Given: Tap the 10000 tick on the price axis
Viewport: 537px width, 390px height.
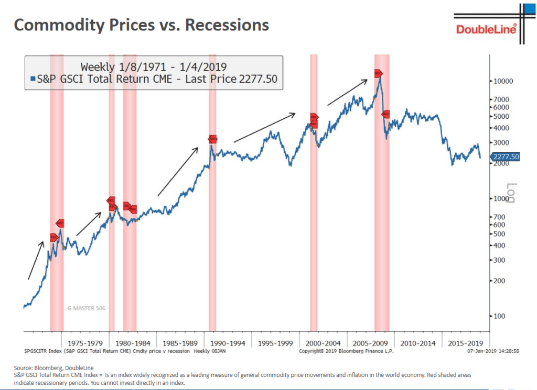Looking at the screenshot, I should coord(504,81).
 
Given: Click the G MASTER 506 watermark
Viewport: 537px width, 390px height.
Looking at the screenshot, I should coord(87,308).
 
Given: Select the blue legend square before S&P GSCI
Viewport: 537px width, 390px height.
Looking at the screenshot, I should coord(33,79).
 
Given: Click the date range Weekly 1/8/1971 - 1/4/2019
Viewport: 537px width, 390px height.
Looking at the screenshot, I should coord(153,66).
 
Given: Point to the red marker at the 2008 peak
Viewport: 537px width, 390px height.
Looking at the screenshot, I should coord(378,74).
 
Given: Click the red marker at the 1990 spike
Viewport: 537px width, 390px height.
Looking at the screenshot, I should coord(212,139).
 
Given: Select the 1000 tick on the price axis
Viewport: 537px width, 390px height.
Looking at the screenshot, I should coord(502,198).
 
